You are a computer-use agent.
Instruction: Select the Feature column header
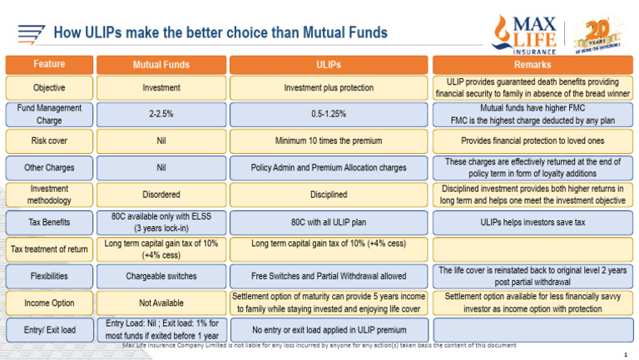click(x=49, y=64)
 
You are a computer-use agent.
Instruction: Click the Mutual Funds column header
click(x=161, y=64)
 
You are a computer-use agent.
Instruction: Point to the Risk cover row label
click(x=49, y=141)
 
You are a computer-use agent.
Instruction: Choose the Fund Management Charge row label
click(x=49, y=114)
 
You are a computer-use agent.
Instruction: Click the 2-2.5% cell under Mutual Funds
click(x=161, y=114)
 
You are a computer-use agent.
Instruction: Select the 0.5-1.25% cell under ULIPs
click(x=329, y=114)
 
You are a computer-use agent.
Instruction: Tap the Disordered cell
click(x=161, y=195)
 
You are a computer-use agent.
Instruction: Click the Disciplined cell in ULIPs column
click(x=329, y=195)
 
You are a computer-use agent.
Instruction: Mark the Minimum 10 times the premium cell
click(x=329, y=141)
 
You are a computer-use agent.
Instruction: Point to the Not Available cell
click(x=161, y=303)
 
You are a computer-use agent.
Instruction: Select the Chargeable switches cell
click(x=161, y=275)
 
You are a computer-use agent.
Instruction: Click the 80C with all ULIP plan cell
click(x=329, y=222)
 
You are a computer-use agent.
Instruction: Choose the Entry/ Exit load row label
click(x=49, y=329)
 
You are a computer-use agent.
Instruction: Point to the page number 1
click(x=625, y=354)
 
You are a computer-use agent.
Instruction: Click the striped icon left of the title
click(x=31, y=34)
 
